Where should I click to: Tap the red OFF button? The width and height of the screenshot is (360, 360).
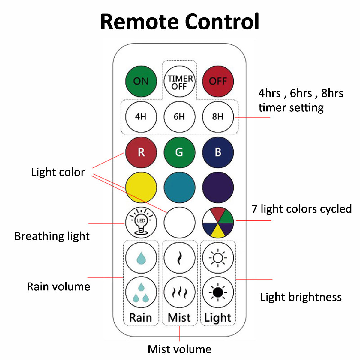pos(218,81)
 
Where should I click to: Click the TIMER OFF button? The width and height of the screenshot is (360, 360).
pos(179,82)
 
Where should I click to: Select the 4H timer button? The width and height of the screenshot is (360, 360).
pos(141,116)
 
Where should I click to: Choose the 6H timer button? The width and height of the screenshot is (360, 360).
pos(179,116)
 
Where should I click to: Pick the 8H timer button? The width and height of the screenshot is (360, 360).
pos(218,116)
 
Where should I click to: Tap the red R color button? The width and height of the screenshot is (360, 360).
pos(141,152)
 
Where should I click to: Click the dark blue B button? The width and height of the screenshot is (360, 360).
pos(218,152)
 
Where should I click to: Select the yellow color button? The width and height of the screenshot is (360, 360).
pos(141,187)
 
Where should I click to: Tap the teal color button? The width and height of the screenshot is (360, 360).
pos(179,187)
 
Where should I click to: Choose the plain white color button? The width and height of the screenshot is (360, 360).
pos(179,223)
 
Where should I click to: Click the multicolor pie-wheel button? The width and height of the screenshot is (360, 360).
pos(218,223)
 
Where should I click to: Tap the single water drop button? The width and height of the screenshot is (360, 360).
pos(141,258)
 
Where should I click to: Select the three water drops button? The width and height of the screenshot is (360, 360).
pos(141,292)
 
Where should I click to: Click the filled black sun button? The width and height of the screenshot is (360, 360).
pos(218,292)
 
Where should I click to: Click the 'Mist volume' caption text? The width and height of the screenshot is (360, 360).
pos(179,349)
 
